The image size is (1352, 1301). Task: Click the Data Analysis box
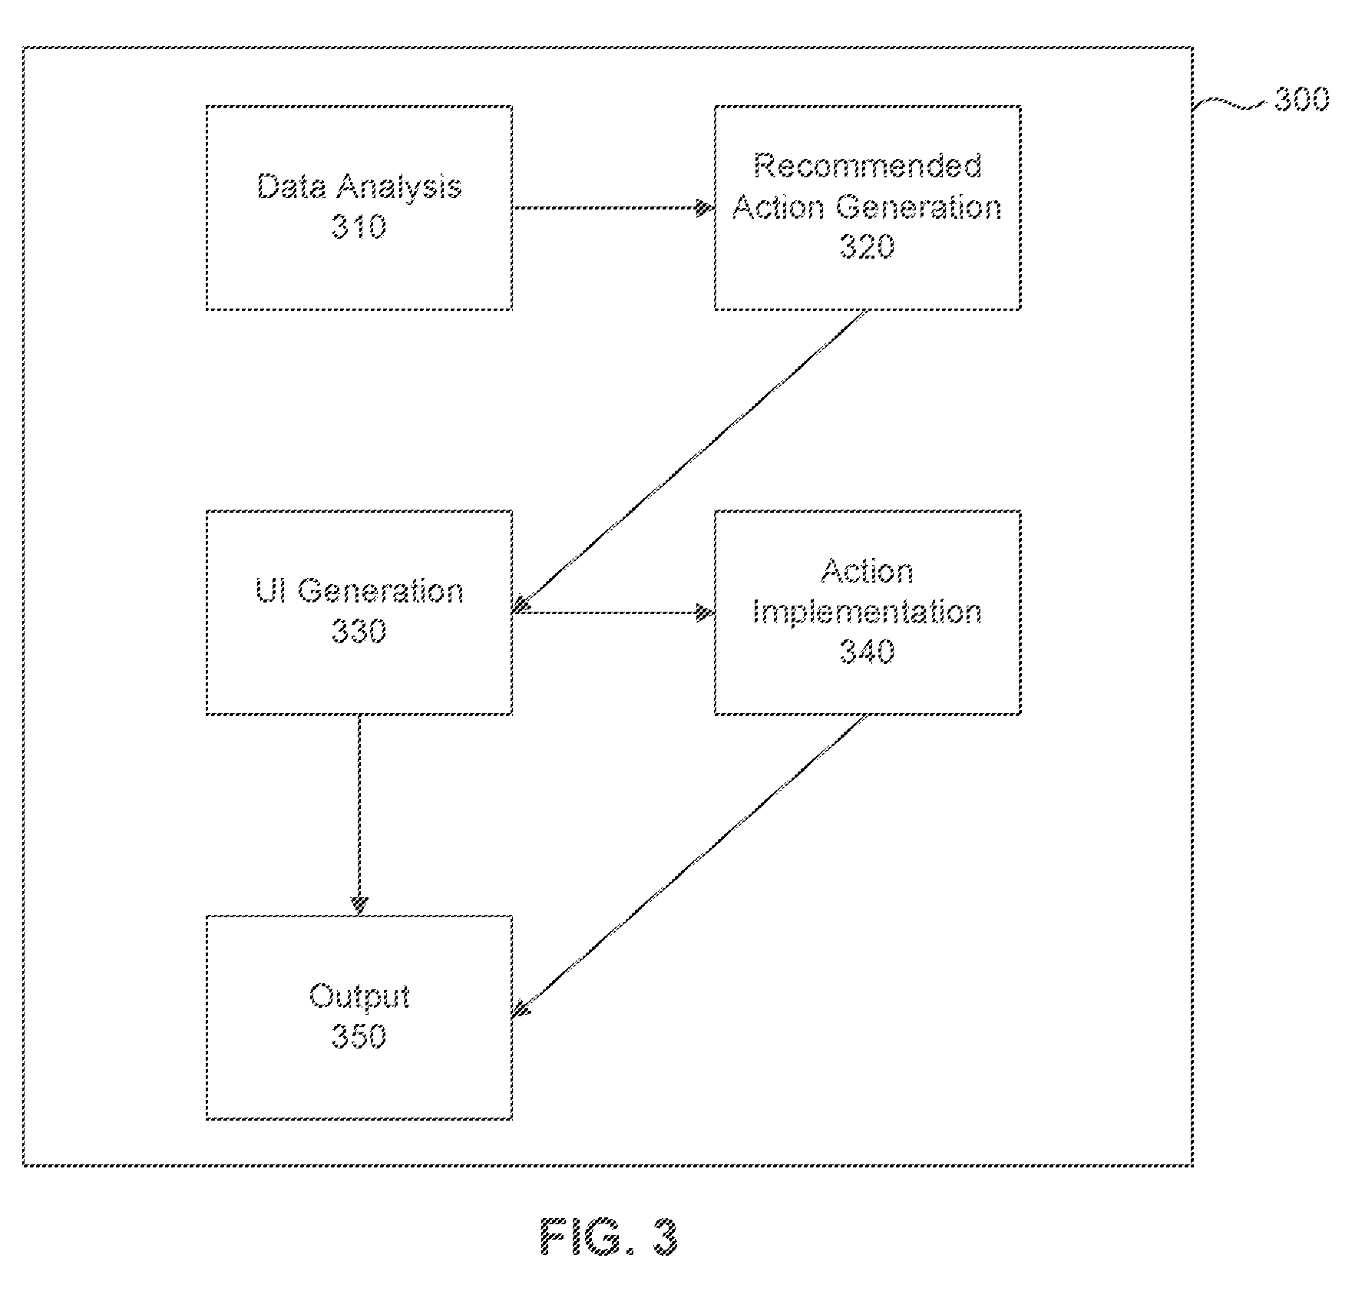359,208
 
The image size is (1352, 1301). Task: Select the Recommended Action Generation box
868,208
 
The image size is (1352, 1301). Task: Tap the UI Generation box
359,613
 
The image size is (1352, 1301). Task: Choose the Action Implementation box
868,613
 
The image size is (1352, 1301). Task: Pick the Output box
359,1017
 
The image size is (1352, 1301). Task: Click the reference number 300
1302,100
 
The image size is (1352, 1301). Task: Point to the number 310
359,226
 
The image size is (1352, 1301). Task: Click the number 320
868,246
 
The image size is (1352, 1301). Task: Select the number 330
359,631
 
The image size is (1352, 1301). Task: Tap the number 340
868,651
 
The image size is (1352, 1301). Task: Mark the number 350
359,1036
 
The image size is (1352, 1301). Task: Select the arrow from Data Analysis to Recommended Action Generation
613,208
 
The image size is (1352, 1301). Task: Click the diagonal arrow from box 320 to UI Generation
689,461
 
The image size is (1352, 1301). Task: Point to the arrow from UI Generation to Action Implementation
613,613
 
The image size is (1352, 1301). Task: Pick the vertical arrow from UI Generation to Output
359,815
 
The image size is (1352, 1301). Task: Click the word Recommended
868,167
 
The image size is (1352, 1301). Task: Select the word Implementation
868,613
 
